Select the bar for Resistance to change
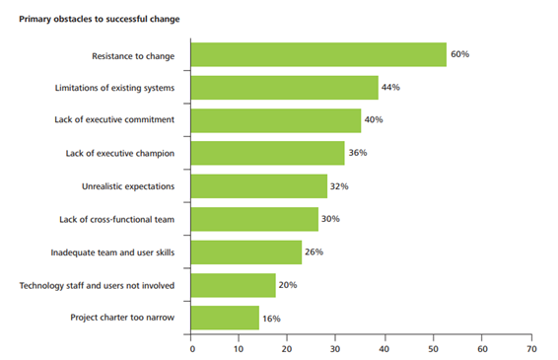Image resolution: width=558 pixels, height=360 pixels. click(317, 55)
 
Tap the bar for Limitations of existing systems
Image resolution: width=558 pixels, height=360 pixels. click(284, 88)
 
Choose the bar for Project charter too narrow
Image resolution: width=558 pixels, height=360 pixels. click(225, 318)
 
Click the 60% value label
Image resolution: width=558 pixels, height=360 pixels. click(459, 54)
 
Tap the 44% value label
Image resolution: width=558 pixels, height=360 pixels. click(391, 88)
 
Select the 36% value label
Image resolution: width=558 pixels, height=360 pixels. click(358, 153)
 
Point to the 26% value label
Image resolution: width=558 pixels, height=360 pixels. click(314, 252)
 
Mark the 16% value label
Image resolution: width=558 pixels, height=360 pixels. click(272, 318)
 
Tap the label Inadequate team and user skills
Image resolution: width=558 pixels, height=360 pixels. click(112, 252)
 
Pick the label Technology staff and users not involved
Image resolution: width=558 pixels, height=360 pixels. click(98, 285)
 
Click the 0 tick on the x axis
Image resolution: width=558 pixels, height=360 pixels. click(191, 348)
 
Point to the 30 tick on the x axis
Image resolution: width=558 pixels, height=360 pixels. click(337, 348)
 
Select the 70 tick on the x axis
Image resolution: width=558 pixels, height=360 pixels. click(531, 348)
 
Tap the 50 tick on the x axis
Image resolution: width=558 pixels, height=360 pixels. click(434, 348)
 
